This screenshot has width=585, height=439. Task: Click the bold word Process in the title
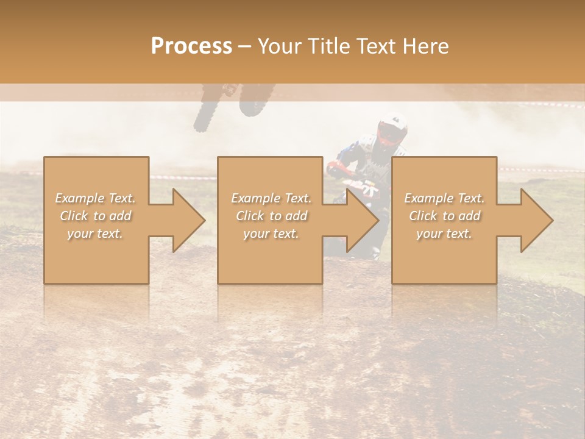[191, 46]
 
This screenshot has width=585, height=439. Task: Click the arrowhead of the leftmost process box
[188, 220]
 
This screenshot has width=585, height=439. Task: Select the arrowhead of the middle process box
[362, 220]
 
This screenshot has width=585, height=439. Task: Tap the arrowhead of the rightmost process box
[536, 220]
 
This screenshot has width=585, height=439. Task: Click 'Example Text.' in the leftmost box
[96, 198]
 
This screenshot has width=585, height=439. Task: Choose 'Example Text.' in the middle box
[271, 198]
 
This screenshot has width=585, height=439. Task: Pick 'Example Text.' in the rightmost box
[444, 198]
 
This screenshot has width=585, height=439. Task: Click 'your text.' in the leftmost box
[96, 234]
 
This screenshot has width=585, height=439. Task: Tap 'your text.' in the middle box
[271, 234]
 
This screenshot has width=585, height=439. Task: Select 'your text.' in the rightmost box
[444, 234]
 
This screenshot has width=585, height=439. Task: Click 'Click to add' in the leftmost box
[96, 216]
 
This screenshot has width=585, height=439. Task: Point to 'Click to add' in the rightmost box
[444, 216]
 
